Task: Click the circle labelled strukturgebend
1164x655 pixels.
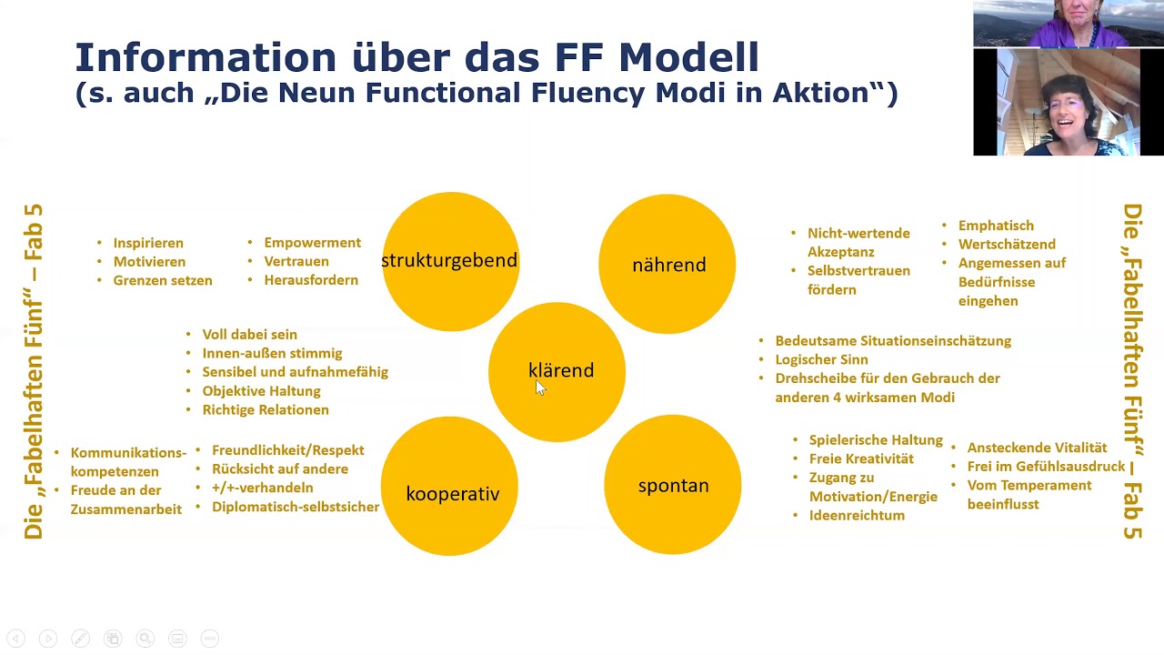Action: coord(449,261)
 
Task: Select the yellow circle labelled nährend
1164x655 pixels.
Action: coord(667,264)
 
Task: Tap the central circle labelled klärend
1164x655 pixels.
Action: coord(557,371)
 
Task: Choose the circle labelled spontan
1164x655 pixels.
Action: coord(673,485)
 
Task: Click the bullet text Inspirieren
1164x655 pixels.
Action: coord(148,243)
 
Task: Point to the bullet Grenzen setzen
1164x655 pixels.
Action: coord(163,280)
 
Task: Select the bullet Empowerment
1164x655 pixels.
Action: coord(312,243)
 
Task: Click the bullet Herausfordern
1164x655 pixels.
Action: coord(311,280)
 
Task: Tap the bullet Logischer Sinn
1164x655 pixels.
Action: coord(821,359)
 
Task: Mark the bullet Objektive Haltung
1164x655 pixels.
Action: coord(261,391)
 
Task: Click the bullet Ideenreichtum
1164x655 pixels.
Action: coord(857,516)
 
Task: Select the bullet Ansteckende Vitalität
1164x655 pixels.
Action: coord(1037,448)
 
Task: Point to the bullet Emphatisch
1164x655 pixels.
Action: coord(996,226)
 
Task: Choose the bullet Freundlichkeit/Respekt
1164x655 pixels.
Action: coord(287,450)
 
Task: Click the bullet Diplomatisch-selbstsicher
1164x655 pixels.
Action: coord(296,507)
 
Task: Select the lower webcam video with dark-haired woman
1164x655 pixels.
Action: coord(1068,102)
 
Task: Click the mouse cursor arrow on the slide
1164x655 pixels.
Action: coord(539,388)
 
